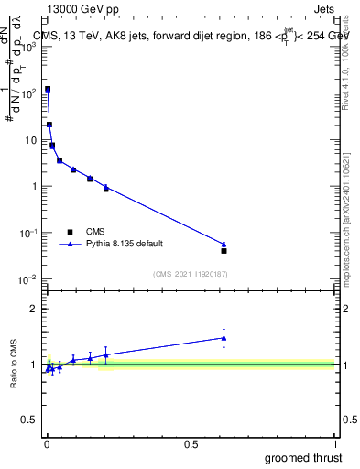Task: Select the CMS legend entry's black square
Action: click(x=70, y=231)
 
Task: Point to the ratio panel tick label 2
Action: click(x=35, y=309)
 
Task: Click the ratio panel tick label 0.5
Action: click(x=31, y=421)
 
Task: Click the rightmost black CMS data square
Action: click(x=224, y=250)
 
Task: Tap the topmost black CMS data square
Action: click(x=48, y=89)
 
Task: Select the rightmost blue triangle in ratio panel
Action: click(x=224, y=338)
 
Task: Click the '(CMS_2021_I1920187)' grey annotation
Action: click(x=190, y=274)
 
